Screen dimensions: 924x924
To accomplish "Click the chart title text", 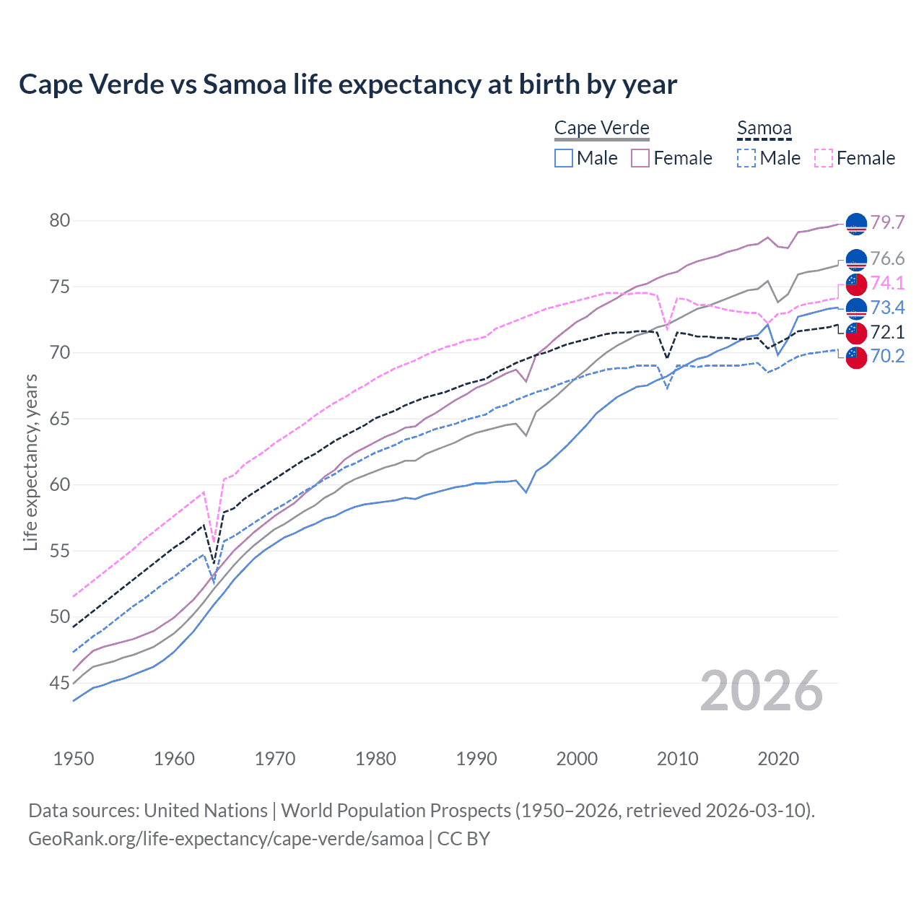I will (348, 84).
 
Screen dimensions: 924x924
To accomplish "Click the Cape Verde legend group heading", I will (601, 128).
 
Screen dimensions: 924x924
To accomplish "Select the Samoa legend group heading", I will (764, 128).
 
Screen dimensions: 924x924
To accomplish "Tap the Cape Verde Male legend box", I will (564, 158).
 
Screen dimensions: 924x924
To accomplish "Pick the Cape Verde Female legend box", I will (640, 158).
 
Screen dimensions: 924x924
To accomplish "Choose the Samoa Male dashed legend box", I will (746, 158).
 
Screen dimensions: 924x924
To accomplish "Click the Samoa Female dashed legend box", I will (824, 158).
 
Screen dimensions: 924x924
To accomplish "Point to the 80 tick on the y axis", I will (60, 220).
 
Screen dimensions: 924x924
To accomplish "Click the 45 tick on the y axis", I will (60, 683).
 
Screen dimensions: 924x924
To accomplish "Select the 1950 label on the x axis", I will (74, 759).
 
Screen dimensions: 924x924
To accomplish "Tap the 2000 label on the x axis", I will (577, 759).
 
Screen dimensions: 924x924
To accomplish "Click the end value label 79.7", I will (887, 222).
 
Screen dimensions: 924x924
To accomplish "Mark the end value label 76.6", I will (887, 258).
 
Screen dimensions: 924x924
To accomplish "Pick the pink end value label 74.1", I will (887, 283).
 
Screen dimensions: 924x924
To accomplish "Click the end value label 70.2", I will (887, 356).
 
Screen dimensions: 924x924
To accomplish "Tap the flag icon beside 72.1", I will (855, 332).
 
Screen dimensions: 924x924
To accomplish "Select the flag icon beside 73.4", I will (855, 308).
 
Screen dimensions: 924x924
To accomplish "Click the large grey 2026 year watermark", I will (761, 691).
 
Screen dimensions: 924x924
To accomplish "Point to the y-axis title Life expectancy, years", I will (30, 462).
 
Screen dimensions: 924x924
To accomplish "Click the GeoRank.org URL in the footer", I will (225, 839).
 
